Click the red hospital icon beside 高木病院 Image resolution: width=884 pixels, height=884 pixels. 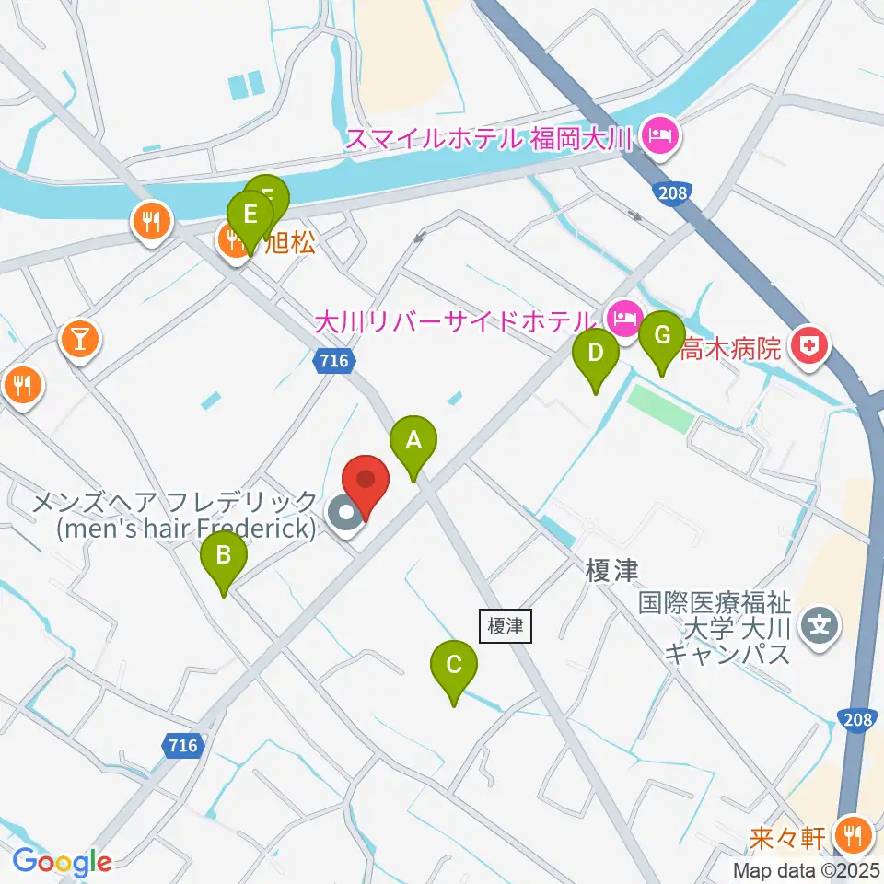[x=815, y=348]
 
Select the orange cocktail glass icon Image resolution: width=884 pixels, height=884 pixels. [x=79, y=340]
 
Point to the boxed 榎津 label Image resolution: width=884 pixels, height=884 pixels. [x=506, y=626]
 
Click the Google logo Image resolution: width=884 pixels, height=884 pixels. [x=63, y=863]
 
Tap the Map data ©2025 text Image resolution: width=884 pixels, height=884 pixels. [x=806, y=869]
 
